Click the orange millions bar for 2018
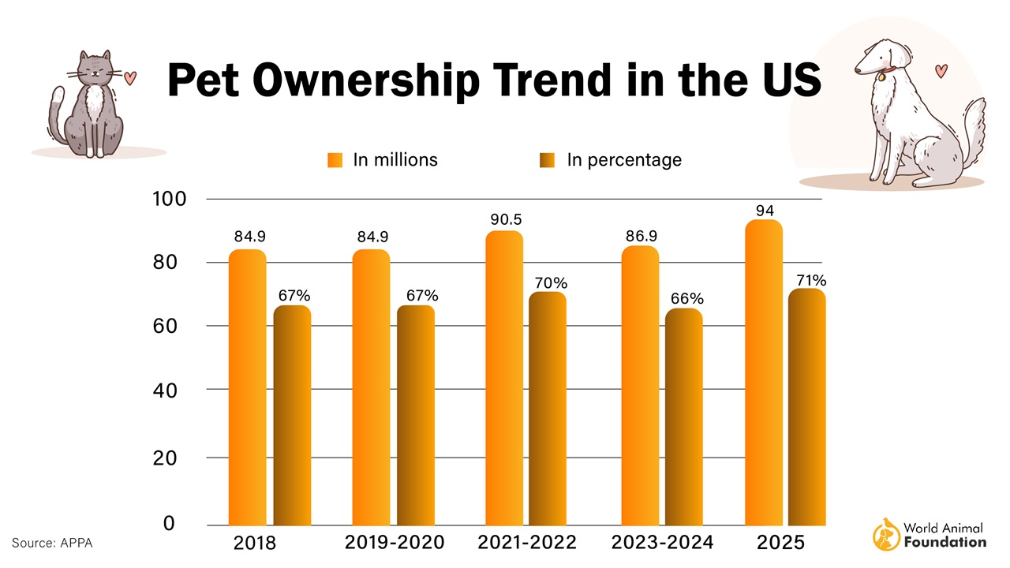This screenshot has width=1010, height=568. (x=247, y=387)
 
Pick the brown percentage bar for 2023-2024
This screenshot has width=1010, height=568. (x=683, y=417)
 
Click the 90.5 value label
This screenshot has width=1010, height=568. (x=503, y=219)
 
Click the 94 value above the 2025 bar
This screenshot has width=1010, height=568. (x=764, y=211)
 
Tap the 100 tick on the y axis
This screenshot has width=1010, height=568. (x=169, y=200)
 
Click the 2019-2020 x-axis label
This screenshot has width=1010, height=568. (x=395, y=543)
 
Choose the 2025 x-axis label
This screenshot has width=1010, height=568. (x=781, y=543)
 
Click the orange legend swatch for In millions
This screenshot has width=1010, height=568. (x=335, y=160)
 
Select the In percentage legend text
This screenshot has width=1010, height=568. (x=623, y=160)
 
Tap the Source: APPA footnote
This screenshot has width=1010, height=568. (x=52, y=542)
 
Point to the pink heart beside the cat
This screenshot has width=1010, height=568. (x=131, y=77)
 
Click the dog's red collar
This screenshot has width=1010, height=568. (x=890, y=69)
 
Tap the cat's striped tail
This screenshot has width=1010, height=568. (x=57, y=110)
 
